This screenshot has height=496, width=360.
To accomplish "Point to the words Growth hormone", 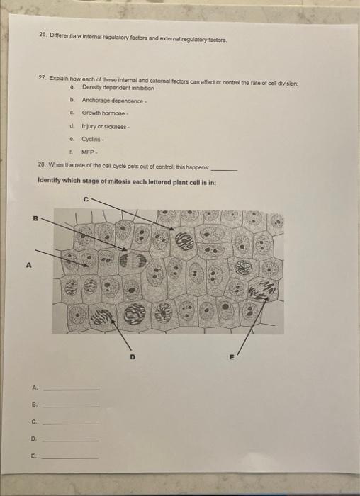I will click(103, 113).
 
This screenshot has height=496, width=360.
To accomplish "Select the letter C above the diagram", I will click(87, 199).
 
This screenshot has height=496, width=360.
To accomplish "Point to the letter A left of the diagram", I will click(29, 267).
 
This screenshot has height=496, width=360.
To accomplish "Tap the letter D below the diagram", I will click(131, 358).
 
